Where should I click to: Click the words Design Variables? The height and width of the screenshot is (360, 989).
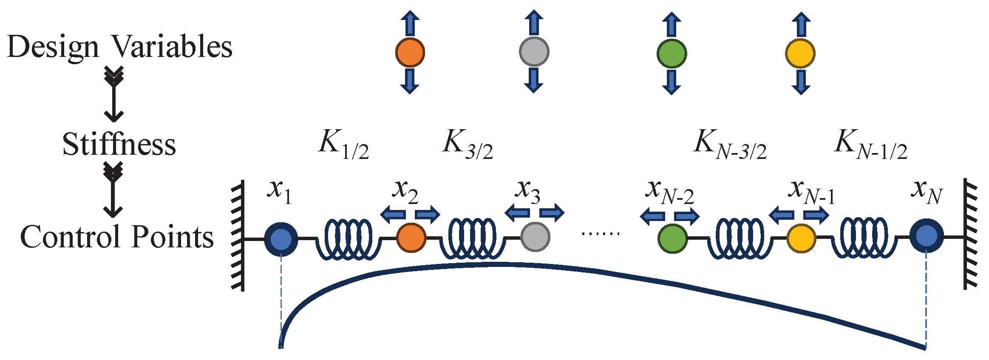pyautogui.click(x=120, y=47)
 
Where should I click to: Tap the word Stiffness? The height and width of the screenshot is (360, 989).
pyautogui.click(x=119, y=145)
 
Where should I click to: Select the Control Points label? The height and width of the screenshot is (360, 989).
pyautogui.click(x=117, y=237)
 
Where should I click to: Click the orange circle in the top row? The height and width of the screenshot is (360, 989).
pyautogui.click(x=410, y=52)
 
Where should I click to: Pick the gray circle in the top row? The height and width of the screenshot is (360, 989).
pyautogui.click(x=534, y=52)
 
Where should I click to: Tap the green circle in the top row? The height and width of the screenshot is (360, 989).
pyautogui.click(x=672, y=53)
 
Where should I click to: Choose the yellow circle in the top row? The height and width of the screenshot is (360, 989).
pyautogui.click(x=800, y=54)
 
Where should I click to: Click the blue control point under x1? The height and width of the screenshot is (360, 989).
pyautogui.click(x=281, y=239)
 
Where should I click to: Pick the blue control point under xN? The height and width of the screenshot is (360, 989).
pyautogui.click(x=926, y=236)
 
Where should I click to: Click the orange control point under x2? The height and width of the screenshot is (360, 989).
pyautogui.click(x=411, y=237)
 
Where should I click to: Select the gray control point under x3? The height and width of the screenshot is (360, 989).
pyautogui.click(x=535, y=237)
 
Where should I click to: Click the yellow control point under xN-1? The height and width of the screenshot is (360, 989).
pyautogui.click(x=801, y=238)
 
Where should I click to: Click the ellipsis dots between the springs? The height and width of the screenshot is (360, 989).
pyautogui.click(x=601, y=233)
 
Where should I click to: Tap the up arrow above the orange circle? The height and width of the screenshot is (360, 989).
pyautogui.click(x=410, y=23)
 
